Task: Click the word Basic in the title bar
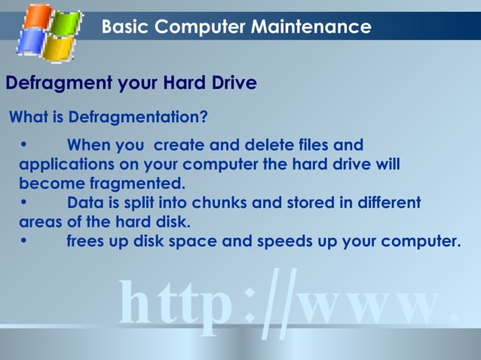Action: (x=126, y=27)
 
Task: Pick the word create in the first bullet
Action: (x=183, y=145)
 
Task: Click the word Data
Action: (x=84, y=203)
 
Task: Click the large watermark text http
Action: (x=175, y=305)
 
